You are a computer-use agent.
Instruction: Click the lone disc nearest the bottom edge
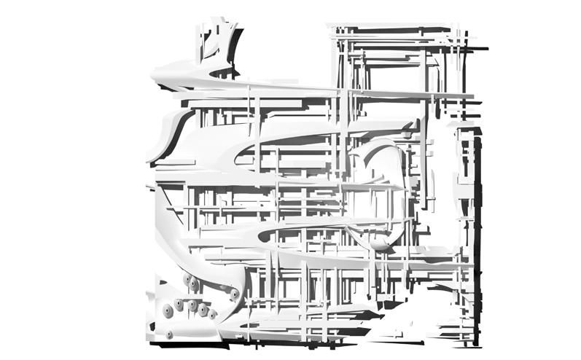pos(170,334)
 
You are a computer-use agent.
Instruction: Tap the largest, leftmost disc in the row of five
pos(167,311)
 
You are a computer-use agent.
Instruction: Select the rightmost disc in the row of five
pos(212,316)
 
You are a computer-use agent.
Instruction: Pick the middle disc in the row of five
pos(192,307)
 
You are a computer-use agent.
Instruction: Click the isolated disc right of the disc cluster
pos(234,294)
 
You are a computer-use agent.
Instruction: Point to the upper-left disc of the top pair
pos(187,278)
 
